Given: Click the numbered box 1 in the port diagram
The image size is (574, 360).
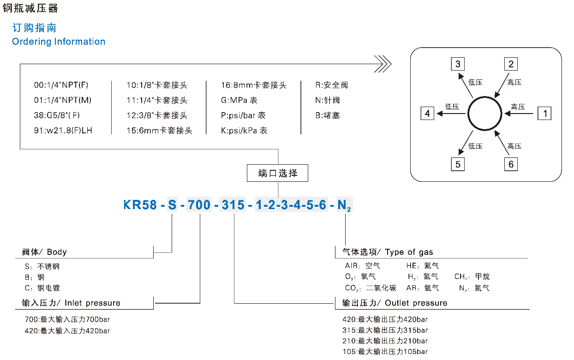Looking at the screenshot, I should coord(545,113).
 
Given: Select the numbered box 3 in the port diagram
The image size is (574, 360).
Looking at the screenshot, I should coord(458,64).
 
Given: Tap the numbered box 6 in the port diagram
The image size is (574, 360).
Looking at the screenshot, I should coord(511,164).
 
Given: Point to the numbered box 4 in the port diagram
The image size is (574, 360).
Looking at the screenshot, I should coord(427,113).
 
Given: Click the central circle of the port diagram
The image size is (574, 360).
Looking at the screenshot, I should coord(484,113).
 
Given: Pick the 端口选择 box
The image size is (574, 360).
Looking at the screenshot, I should coord(278,174).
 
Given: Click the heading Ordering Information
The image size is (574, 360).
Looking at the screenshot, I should coord(59,42).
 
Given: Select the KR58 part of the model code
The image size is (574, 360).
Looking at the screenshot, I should coord(140,204).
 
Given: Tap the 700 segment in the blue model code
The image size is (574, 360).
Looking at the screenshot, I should coord(199,204).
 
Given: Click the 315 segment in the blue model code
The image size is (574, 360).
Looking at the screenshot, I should coord(233,204).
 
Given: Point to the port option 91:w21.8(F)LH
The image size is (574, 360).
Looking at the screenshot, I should coord(63,131).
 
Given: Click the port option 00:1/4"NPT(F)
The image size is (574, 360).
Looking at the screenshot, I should coord(61,85).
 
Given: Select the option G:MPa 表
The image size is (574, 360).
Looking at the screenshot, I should coord(239,100).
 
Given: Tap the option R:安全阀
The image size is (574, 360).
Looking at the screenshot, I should coord(331,85).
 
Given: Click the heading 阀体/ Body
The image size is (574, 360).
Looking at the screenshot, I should coord(44,252).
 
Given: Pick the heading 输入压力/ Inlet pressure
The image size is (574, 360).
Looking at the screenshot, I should coord(71,303).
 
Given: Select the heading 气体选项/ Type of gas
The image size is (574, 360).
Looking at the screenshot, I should coord(388,252).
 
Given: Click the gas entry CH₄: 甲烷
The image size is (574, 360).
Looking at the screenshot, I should coord(472,277).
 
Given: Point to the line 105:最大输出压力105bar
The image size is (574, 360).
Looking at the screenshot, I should coord(385,352).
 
